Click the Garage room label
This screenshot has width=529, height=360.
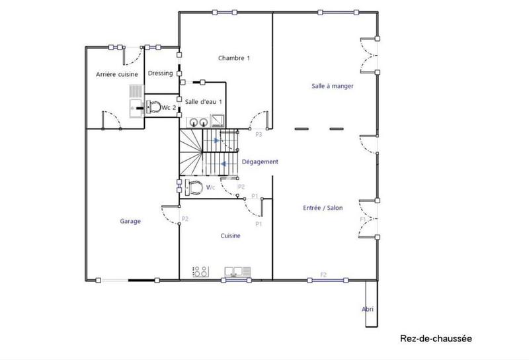tap(130, 221)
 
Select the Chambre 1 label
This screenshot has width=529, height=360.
tap(234, 58)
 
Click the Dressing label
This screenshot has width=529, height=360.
tap(160, 73)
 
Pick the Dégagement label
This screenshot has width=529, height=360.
tap(260, 162)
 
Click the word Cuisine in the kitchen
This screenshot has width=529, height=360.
tap(230, 236)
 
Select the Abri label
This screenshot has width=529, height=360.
tap(368, 308)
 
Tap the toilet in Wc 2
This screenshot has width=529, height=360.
tap(155, 107)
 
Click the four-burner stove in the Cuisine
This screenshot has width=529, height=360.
tap(200, 271)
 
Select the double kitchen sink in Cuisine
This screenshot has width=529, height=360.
tap(237, 271)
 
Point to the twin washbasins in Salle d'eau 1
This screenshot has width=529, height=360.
tap(196, 121)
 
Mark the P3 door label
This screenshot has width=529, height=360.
tap(259, 135)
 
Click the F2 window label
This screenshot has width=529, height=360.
tap(323, 274)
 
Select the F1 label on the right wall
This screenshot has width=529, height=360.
tap(362, 219)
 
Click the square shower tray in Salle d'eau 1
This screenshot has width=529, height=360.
tap(218, 120)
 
